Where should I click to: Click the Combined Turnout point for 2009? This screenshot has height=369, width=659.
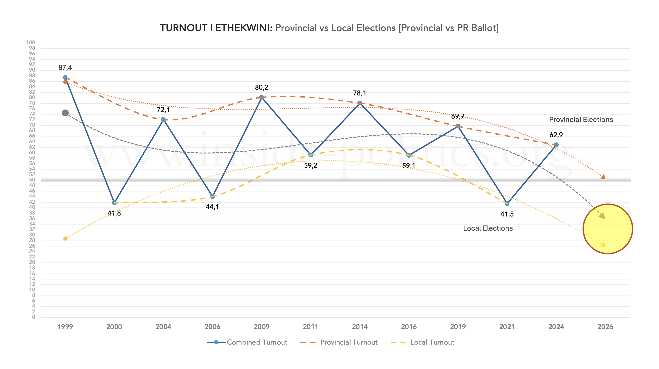(x=262, y=97)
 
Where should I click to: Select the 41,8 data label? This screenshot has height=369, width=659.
(x=114, y=213)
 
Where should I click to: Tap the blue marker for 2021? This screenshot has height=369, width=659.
(x=507, y=203)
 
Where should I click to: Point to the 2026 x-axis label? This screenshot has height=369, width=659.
(x=605, y=327)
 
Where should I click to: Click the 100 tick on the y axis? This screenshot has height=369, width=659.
(x=31, y=43)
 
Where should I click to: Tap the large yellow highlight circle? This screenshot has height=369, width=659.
(x=608, y=229)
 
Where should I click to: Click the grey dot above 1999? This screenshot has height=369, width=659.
(x=65, y=113)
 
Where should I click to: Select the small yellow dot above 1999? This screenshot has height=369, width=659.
(x=65, y=239)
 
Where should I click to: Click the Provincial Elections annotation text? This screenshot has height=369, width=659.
(x=581, y=120)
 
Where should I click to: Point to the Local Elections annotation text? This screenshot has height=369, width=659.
(x=488, y=228)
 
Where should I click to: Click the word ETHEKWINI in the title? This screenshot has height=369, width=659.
(x=244, y=28)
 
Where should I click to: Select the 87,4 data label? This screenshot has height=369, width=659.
(x=65, y=68)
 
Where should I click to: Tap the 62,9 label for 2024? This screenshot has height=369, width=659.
(x=556, y=135)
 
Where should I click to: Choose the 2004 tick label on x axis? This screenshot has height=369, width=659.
(x=163, y=327)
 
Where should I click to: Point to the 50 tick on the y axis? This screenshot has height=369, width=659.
(x=32, y=180)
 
